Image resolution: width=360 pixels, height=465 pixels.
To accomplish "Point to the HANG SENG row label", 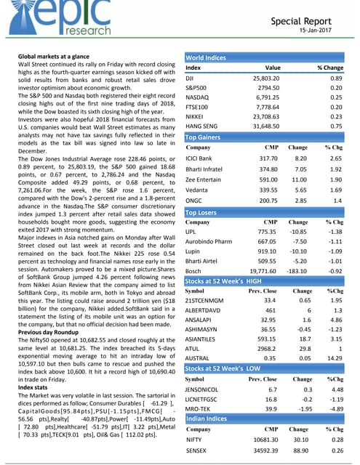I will (203, 125).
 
